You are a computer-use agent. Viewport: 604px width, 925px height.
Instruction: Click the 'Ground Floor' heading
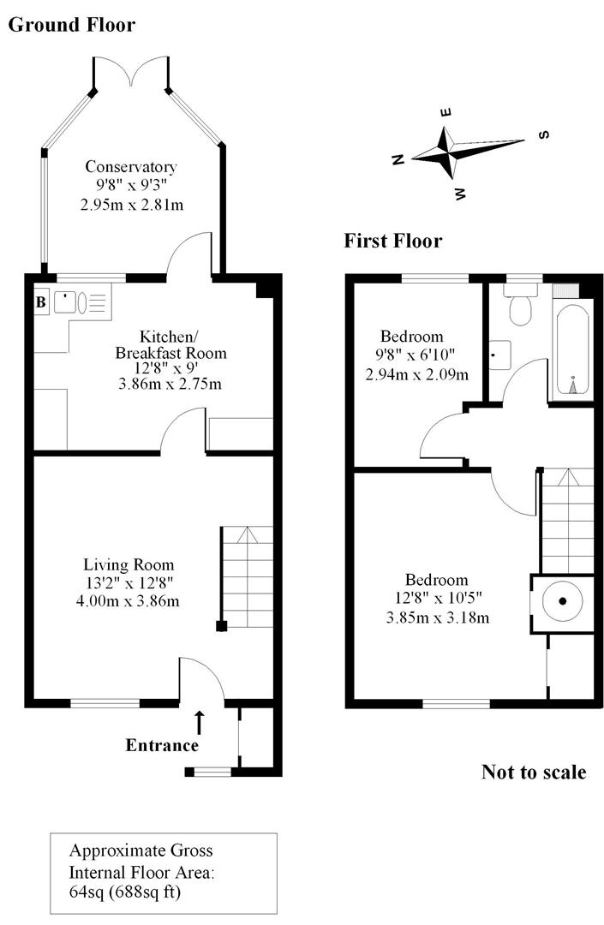pos(71,25)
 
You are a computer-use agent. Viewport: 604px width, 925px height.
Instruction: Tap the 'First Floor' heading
pos(393,241)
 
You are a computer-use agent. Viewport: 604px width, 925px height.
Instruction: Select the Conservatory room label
pos(130,167)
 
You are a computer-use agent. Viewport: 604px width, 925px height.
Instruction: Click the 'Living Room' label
pos(129,564)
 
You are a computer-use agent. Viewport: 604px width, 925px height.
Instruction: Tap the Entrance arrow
pos(200,721)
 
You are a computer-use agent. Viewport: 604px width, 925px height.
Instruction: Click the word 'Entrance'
pos(162,745)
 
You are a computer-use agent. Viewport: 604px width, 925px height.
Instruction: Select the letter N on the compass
pos(398,159)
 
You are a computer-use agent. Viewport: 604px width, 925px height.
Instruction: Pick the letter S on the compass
pos(543,134)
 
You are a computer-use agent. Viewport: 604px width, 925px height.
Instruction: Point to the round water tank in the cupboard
pos(563,601)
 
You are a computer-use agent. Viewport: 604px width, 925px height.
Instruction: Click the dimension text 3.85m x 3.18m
pos(437,618)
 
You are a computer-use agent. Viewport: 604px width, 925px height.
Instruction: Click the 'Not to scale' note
pos(534,772)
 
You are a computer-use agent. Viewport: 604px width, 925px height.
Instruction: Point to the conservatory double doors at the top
pos(130,73)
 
